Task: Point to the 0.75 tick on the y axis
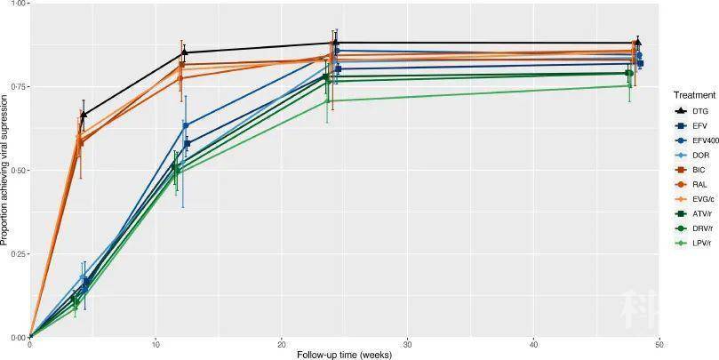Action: (x=19, y=86)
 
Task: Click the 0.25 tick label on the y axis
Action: (x=19, y=254)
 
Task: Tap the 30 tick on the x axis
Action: (x=407, y=345)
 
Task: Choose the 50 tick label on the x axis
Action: (x=659, y=345)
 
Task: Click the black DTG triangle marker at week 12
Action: (x=182, y=52)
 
